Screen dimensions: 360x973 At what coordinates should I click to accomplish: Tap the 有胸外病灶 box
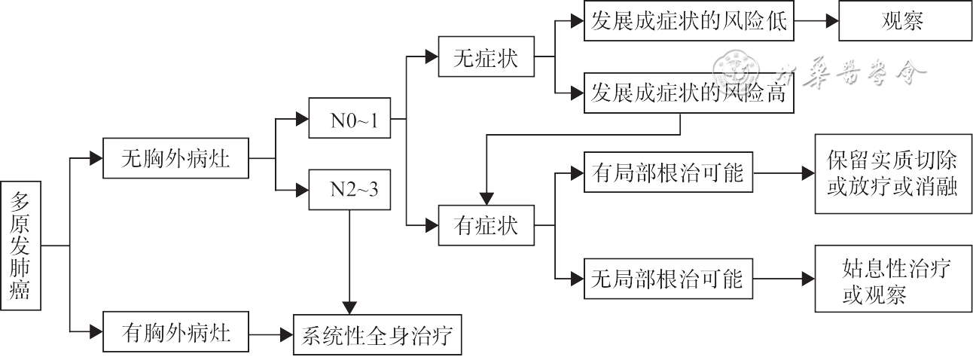(x=175, y=332)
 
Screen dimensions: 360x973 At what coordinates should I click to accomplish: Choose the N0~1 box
(x=349, y=119)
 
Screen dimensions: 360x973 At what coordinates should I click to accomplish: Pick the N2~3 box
(x=349, y=189)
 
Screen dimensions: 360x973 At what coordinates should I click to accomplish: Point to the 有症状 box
(x=486, y=224)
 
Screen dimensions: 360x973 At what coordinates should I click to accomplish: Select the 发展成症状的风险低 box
(x=688, y=21)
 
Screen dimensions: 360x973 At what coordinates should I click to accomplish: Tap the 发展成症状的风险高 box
(x=688, y=93)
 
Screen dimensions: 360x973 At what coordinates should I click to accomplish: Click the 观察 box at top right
(x=904, y=21)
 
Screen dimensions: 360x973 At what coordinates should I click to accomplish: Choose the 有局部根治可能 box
(x=668, y=173)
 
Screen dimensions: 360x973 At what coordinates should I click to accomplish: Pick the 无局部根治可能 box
(x=668, y=279)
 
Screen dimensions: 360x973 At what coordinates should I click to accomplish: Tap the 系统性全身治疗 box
(x=377, y=334)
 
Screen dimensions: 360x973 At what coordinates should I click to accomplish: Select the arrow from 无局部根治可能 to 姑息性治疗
(x=783, y=279)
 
